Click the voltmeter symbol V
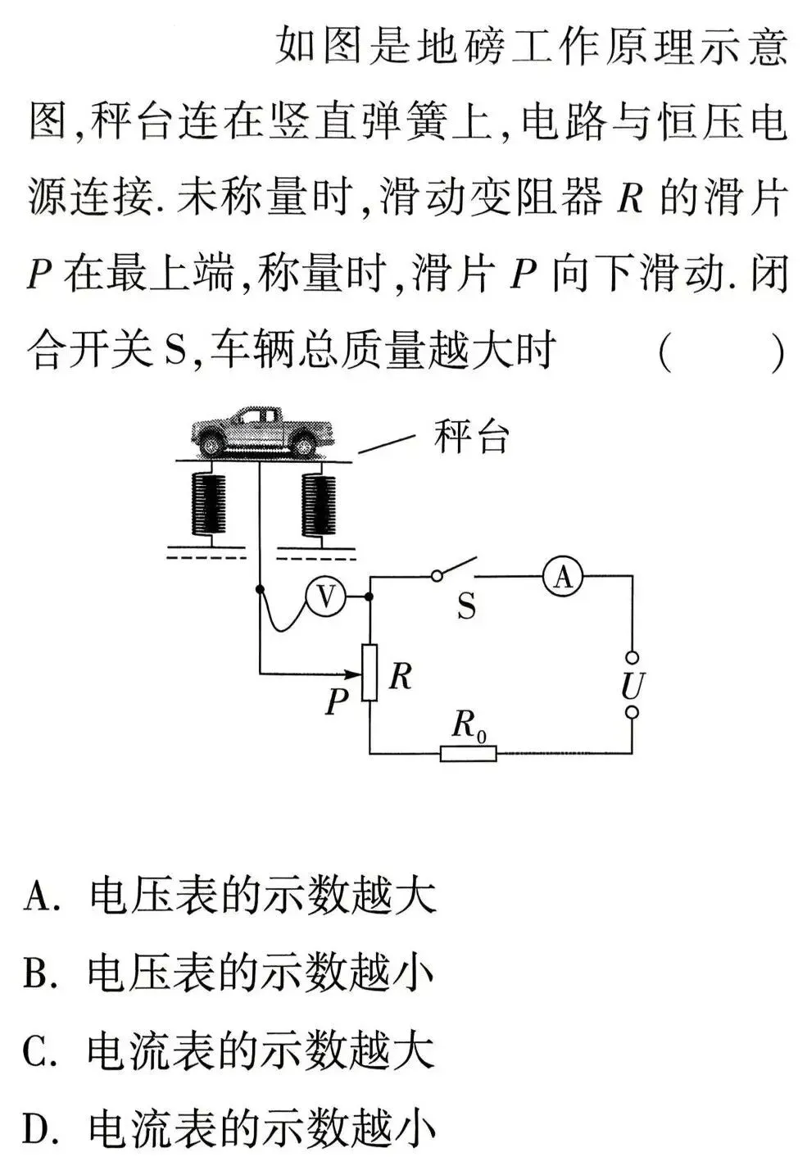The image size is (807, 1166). pos(326,597)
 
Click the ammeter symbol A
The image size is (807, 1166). pos(562,578)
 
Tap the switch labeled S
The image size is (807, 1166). pos(456,571)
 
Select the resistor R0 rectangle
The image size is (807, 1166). pos(468,752)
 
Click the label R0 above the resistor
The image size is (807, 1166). pos(468,725)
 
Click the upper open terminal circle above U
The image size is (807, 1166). pos(632,656)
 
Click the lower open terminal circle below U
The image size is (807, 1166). pos(632,713)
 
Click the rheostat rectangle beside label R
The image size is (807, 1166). pos(369,673)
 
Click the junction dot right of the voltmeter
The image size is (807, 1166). pos(369,597)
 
